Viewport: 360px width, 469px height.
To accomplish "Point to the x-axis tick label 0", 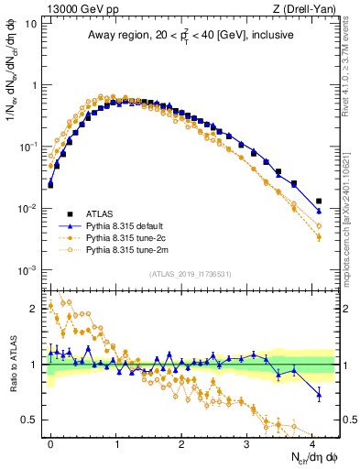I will coord(50,442).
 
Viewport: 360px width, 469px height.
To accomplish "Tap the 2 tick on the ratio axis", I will coord(34,309).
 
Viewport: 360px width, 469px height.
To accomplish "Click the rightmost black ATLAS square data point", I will coord(319,201).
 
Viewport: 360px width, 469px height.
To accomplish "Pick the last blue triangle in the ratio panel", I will coord(319,395).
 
